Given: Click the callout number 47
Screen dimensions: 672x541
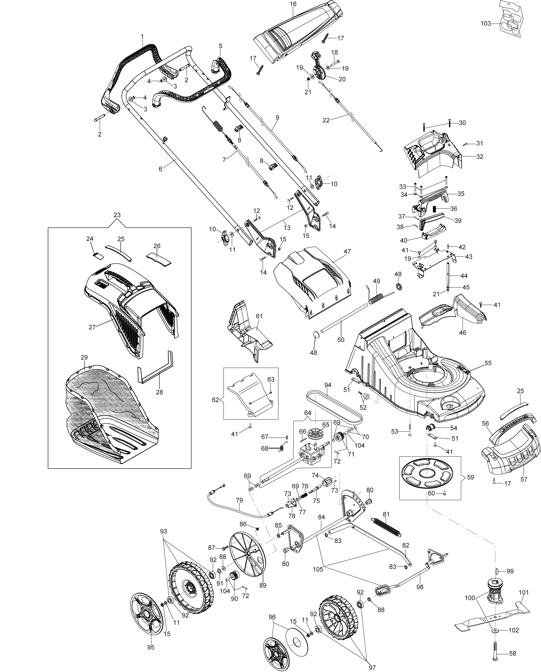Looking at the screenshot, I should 347,251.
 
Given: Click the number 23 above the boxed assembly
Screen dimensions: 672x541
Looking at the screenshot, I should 117,215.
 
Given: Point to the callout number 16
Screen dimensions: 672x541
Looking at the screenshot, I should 293,4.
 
